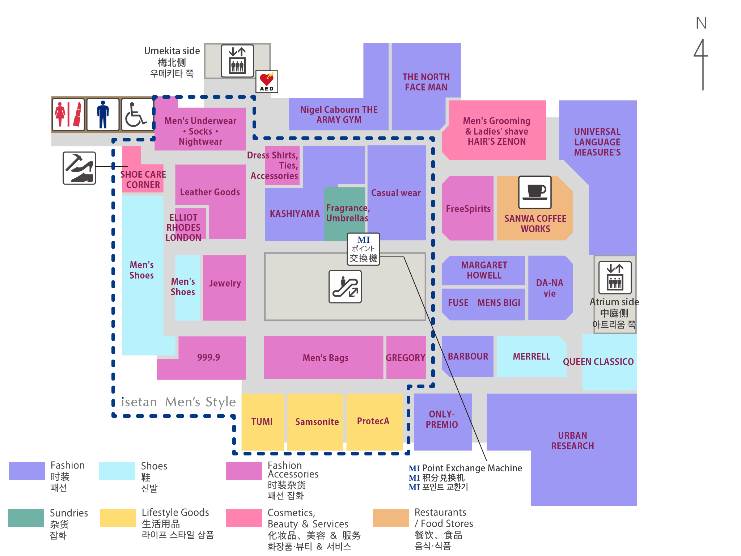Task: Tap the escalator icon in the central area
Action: pos(345,287)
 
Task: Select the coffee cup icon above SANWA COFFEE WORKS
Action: pos(535,192)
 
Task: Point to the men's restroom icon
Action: pos(103,114)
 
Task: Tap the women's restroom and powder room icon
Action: pos(68,114)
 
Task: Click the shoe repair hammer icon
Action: pos(79,168)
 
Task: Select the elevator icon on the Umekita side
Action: pos(237,61)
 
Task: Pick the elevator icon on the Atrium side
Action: pos(615,277)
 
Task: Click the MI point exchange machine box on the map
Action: pos(363,249)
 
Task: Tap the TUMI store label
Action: pos(262,422)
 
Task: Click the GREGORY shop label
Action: pos(406,358)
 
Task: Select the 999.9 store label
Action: pos(208,357)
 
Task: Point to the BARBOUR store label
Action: pos(468,356)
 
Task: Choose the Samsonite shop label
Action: pos(317,422)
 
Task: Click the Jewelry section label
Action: pos(225,283)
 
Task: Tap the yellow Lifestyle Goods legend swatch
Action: pos(118,518)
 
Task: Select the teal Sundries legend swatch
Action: pos(26,518)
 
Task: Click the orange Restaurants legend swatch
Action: pos(390,518)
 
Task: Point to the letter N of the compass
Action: pos(701,23)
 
